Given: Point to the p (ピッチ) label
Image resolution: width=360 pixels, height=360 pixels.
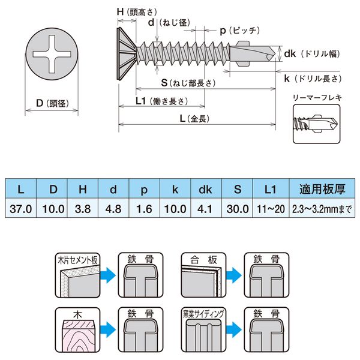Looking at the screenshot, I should coord(239,29).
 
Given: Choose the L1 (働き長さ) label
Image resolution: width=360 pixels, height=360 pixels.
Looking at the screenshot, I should coord(161,101).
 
